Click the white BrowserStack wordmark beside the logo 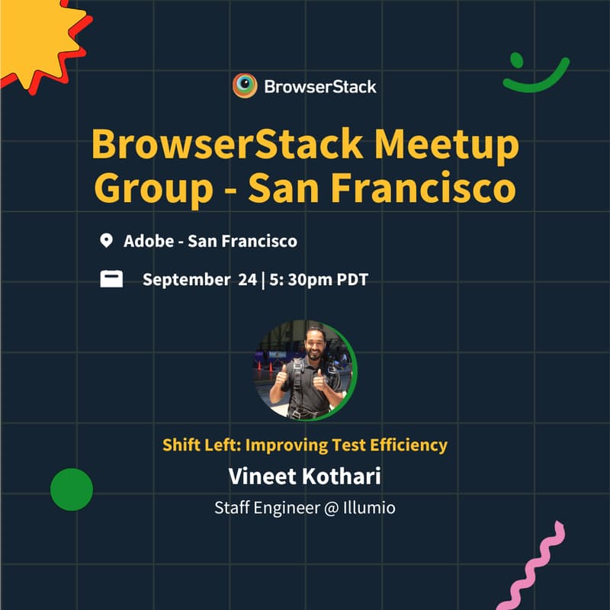coord(320,87)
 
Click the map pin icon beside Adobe coord(107,242)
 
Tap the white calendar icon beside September coord(111,279)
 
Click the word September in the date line coord(185,280)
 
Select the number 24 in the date coord(247,280)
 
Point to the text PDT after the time coord(352,280)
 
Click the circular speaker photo coord(305,370)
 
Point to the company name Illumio coord(369,507)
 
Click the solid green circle coord(72,490)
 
